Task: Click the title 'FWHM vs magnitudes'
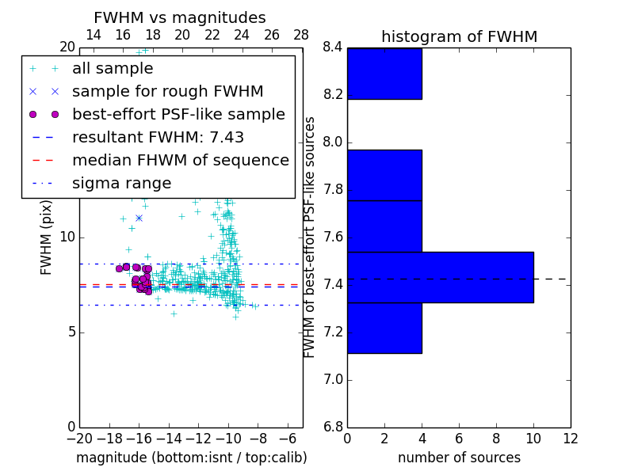pyautogui.click(x=180, y=18)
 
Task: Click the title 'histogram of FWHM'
pyautogui.click(x=459, y=36)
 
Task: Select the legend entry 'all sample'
pyautogui.click(x=113, y=69)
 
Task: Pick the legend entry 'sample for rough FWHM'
pyautogui.click(x=167, y=91)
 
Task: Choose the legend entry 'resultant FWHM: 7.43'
pyautogui.click(x=158, y=137)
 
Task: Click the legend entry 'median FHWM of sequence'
pyautogui.click(x=180, y=160)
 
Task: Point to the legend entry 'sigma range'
pyautogui.click(x=121, y=184)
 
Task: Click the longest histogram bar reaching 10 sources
pyautogui.click(x=440, y=277)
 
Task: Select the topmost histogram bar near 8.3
pyautogui.click(x=384, y=74)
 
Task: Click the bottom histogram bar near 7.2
pyautogui.click(x=384, y=328)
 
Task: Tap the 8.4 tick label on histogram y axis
pyautogui.click(x=332, y=47)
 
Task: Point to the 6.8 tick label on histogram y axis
pyautogui.click(x=332, y=427)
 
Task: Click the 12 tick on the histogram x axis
pyautogui.click(x=570, y=439)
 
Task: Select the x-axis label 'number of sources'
pyautogui.click(x=459, y=458)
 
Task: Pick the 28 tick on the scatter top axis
pyautogui.click(x=302, y=35)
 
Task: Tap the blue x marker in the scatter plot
pyautogui.click(x=139, y=218)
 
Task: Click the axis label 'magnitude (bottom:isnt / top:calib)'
pyautogui.click(x=191, y=458)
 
